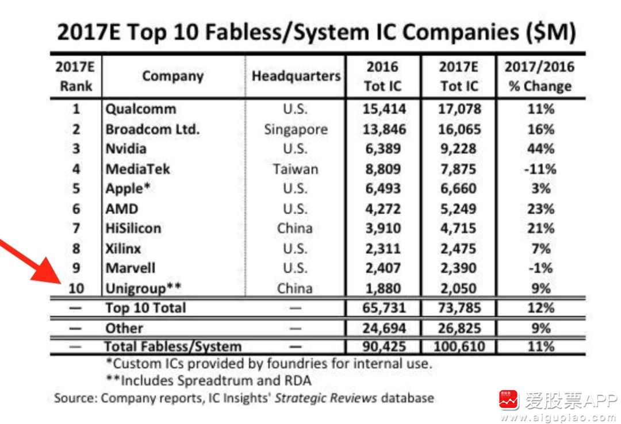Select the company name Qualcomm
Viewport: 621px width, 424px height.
141,109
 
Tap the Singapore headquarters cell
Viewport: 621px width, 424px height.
296,129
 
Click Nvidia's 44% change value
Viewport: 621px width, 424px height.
540,149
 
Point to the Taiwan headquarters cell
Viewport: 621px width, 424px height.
296,169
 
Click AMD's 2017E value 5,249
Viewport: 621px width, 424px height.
458,209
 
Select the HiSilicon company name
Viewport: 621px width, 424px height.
133,228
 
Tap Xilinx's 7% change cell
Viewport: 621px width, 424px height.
540,248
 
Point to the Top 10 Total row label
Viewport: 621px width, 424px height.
145,308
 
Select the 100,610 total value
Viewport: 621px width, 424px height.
458,346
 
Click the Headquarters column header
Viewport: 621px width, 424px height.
296,76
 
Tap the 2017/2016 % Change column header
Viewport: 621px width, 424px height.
539,76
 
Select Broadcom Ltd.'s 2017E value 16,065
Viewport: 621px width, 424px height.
458,129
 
